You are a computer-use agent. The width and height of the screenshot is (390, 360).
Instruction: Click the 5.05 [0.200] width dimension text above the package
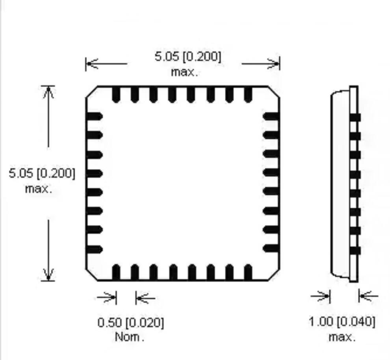click(188, 57)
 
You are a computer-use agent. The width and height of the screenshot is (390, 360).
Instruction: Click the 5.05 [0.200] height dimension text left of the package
click(42, 173)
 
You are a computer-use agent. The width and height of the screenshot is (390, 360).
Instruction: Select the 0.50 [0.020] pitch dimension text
click(130, 323)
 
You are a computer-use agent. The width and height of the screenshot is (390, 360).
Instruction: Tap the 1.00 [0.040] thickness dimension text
click(342, 322)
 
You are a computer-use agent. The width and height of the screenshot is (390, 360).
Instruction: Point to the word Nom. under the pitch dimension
click(130, 337)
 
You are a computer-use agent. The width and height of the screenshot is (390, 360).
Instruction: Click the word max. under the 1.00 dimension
click(342, 337)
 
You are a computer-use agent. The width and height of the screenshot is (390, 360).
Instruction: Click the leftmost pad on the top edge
click(116, 95)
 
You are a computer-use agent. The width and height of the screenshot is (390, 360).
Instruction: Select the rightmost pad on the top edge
click(248, 95)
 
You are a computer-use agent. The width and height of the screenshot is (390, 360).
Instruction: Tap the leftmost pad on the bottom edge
click(116, 272)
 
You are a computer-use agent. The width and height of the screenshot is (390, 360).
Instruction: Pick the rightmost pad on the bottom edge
click(248, 272)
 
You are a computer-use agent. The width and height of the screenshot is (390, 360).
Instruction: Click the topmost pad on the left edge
click(95, 117)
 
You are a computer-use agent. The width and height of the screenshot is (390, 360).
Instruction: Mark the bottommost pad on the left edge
click(95, 249)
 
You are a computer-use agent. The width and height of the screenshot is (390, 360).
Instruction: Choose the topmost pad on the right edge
click(271, 117)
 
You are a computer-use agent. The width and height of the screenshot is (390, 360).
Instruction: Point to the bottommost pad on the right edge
click(271, 249)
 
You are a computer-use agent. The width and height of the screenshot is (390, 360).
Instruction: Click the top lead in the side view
click(355, 117)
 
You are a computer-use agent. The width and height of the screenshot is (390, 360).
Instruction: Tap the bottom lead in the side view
click(355, 251)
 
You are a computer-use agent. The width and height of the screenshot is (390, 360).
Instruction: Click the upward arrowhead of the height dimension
click(48, 91)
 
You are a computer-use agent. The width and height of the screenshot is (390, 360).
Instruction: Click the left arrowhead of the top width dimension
click(91, 63)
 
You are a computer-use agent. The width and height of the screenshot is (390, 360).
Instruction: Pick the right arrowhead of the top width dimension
click(275, 63)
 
